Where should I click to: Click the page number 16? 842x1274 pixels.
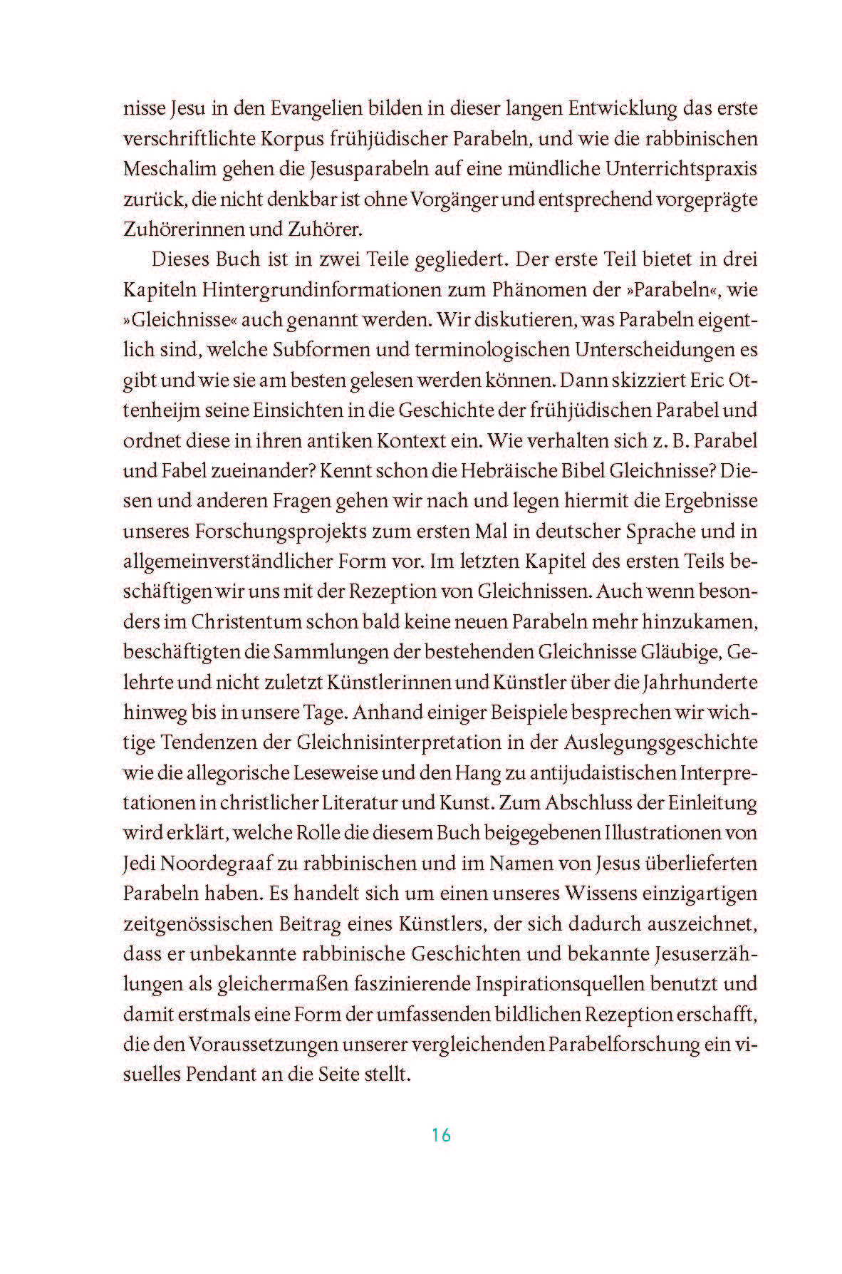[x=441, y=1135]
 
